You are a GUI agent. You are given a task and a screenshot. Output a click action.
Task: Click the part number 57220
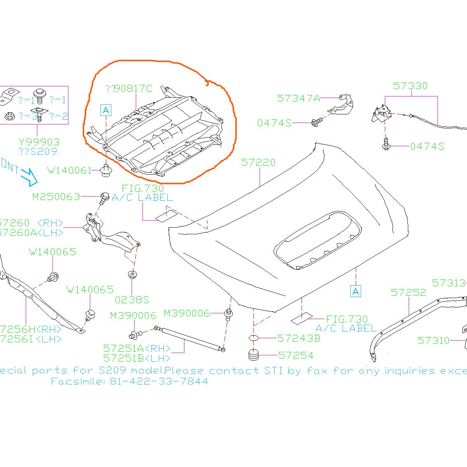tap(258, 163)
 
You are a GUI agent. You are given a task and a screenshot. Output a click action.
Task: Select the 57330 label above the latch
tap(410, 86)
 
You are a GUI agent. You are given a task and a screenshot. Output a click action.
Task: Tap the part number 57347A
tap(298, 98)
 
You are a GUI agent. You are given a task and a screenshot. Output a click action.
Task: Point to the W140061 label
tap(69, 170)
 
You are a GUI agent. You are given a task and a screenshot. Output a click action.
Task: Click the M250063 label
tap(56, 197)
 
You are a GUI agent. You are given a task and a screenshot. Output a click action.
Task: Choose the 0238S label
tap(132, 300)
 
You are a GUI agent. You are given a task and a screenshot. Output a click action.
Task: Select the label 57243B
tap(299, 339)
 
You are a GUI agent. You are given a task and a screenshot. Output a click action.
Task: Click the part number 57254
tap(296, 355)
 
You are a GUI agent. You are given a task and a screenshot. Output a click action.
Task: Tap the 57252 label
tap(408, 292)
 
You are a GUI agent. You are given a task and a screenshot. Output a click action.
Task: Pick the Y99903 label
tap(39, 142)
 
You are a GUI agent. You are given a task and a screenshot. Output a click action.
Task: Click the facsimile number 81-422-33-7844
tap(159, 381)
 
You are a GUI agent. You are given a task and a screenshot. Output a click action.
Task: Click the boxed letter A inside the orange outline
tap(106, 111)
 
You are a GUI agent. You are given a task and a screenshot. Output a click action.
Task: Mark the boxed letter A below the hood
tap(355, 291)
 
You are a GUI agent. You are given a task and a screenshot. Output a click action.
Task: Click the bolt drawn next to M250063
tap(104, 197)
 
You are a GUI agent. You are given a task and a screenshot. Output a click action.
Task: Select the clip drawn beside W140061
tap(105, 171)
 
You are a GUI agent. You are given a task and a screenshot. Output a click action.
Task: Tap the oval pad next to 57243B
tap(253, 338)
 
